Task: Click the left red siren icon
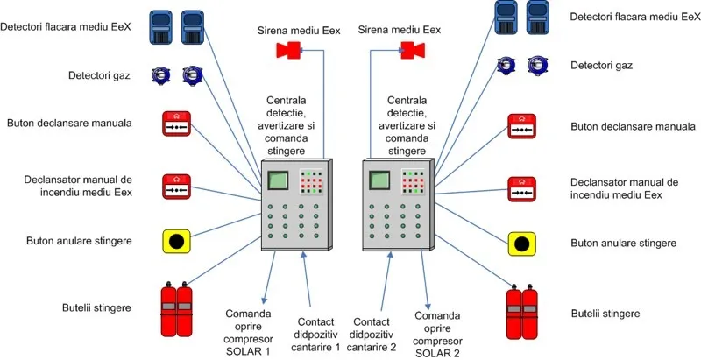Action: (x=289, y=50)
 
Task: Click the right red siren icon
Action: (x=413, y=50)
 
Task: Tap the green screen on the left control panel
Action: (x=277, y=180)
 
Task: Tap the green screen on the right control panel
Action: (x=379, y=180)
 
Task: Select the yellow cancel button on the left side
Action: (x=176, y=242)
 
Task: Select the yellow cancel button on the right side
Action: (x=521, y=244)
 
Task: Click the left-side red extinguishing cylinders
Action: (x=177, y=309)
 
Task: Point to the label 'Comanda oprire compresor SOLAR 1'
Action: (x=248, y=331)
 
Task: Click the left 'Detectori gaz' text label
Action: (x=99, y=75)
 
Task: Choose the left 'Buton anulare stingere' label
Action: (x=80, y=241)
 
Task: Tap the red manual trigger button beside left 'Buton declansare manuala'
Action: (x=176, y=124)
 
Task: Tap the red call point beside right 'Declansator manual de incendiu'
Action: (x=521, y=189)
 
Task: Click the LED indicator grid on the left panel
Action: (x=311, y=181)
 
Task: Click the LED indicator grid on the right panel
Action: (x=413, y=181)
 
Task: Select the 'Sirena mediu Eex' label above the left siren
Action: (x=299, y=31)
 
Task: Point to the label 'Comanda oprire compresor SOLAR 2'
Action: (x=437, y=335)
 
